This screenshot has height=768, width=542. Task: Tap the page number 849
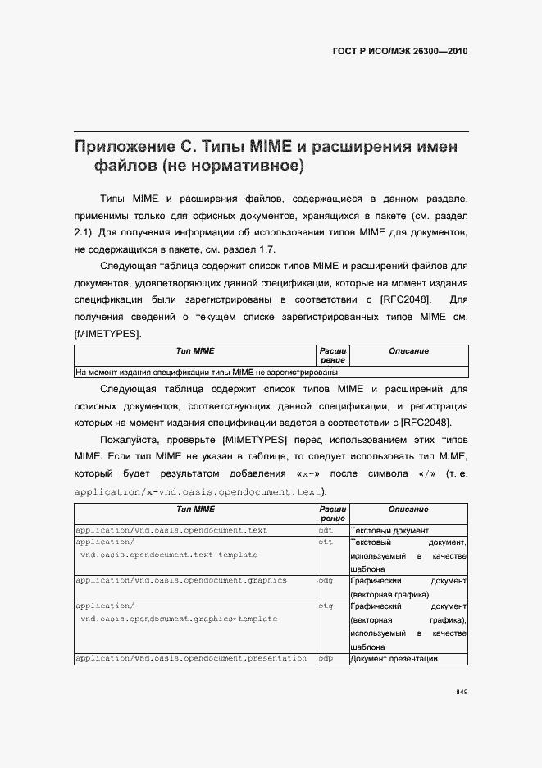[x=462, y=692]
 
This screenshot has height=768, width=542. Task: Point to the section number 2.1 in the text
[x=82, y=232]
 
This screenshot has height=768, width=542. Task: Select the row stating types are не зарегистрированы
[x=207, y=372]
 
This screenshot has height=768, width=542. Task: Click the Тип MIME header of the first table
[x=195, y=351]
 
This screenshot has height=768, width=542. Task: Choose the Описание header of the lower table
[x=408, y=510]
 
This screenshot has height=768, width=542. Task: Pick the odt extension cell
[x=325, y=531]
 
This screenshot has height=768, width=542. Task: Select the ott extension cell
[x=325, y=542]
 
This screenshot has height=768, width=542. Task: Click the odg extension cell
[x=326, y=581]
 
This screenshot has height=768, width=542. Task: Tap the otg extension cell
[x=325, y=606]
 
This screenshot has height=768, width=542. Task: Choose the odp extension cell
[x=326, y=658]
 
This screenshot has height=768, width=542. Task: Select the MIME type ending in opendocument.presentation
[x=191, y=658]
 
